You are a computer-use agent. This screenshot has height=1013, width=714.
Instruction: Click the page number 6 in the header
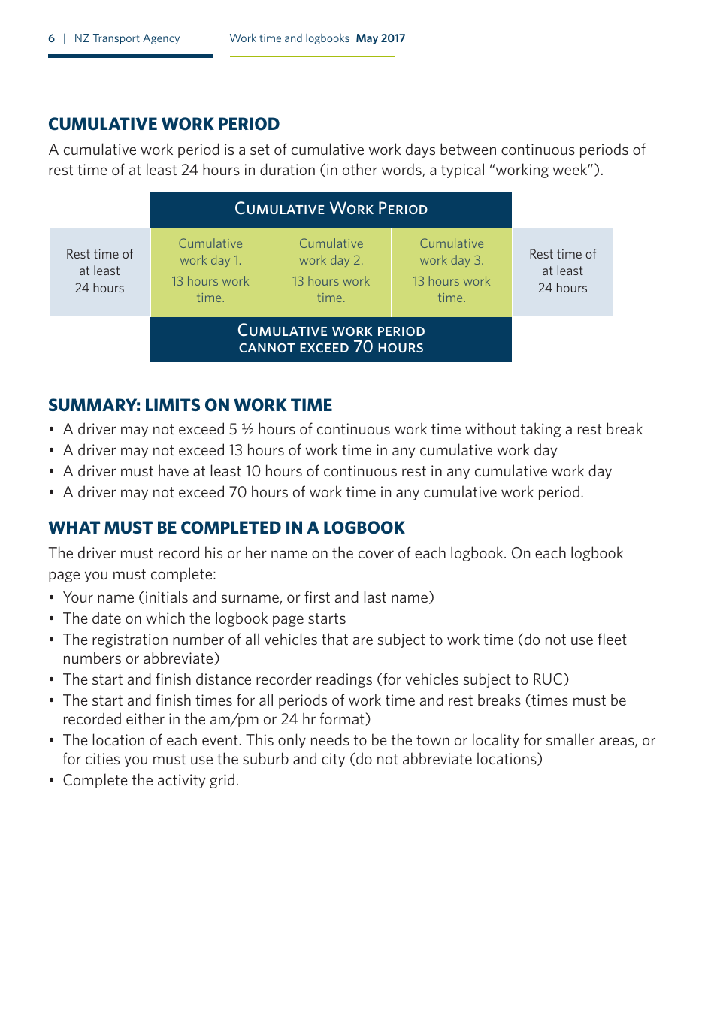[51, 38]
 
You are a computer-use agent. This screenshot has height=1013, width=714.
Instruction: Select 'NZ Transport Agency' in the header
[127, 38]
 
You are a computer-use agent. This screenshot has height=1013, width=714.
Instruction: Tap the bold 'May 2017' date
[380, 38]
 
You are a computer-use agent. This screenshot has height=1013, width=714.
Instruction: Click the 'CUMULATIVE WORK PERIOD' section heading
[164, 124]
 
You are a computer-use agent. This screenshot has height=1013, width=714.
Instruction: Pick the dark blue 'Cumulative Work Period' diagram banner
[331, 209]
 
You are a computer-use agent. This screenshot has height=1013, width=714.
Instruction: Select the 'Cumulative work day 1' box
[210, 271]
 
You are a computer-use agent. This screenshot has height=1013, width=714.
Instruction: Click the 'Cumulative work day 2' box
[331, 271]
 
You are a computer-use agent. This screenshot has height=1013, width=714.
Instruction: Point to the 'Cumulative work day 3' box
[452, 271]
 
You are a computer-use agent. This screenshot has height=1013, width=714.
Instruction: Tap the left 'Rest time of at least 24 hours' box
[99, 271]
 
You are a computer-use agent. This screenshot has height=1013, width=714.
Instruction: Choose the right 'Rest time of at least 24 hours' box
[562, 271]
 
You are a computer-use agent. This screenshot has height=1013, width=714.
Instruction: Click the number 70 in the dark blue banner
[363, 346]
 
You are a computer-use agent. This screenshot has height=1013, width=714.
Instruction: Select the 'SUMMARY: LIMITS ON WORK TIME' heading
[190, 405]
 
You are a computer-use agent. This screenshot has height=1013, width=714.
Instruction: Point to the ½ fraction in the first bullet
[247, 429]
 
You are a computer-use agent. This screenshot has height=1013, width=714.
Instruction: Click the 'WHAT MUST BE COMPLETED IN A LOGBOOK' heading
[226, 528]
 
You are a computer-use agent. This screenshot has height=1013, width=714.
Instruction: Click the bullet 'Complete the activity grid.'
[150, 780]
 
